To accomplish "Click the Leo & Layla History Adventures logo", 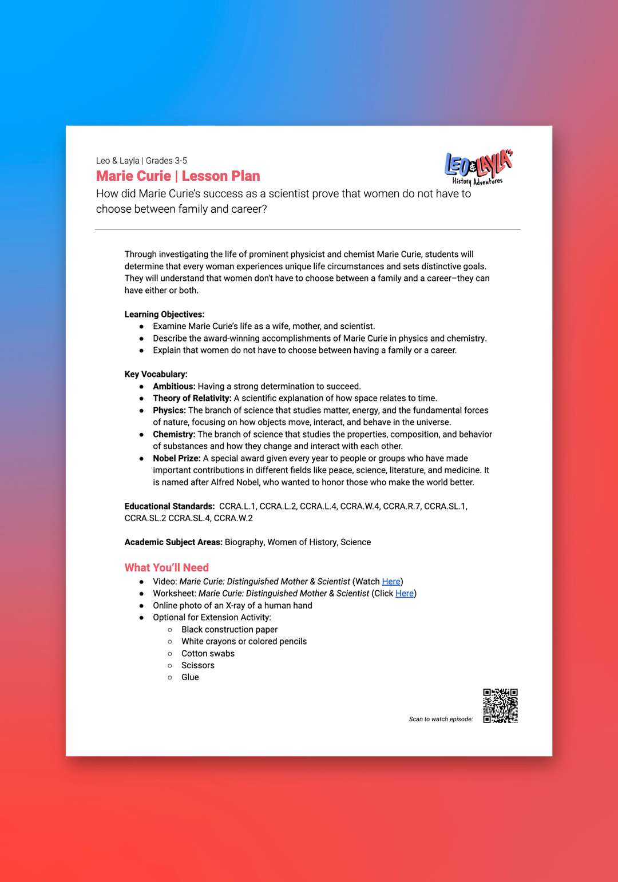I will (x=478, y=168).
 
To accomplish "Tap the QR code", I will (x=500, y=706).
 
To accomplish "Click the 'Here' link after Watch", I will (x=391, y=582).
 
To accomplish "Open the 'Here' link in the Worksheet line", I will (x=404, y=594).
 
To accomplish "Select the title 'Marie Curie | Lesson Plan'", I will (x=178, y=176).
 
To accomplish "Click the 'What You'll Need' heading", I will (x=167, y=567).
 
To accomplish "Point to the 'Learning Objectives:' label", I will (x=164, y=315).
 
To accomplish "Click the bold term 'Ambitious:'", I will (x=174, y=387).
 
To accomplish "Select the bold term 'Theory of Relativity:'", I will (x=192, y=399).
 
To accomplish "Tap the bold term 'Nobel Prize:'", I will (x=176, y=459).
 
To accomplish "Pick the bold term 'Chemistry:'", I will (x=174, y=435).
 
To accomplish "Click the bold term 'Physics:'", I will (x=169, y=411).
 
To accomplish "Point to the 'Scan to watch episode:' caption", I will (x=441, y=720).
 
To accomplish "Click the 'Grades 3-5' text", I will (x=167, y=161).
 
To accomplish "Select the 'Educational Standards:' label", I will (x=169, y=507).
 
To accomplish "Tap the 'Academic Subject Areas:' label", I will (x=173, y=542).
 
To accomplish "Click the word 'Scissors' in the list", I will (x=198, y=666).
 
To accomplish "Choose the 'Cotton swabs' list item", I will (x=208, y=654).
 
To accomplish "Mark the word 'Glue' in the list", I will (x=190, y=677).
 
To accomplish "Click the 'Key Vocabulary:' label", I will (x=156, y=375).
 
